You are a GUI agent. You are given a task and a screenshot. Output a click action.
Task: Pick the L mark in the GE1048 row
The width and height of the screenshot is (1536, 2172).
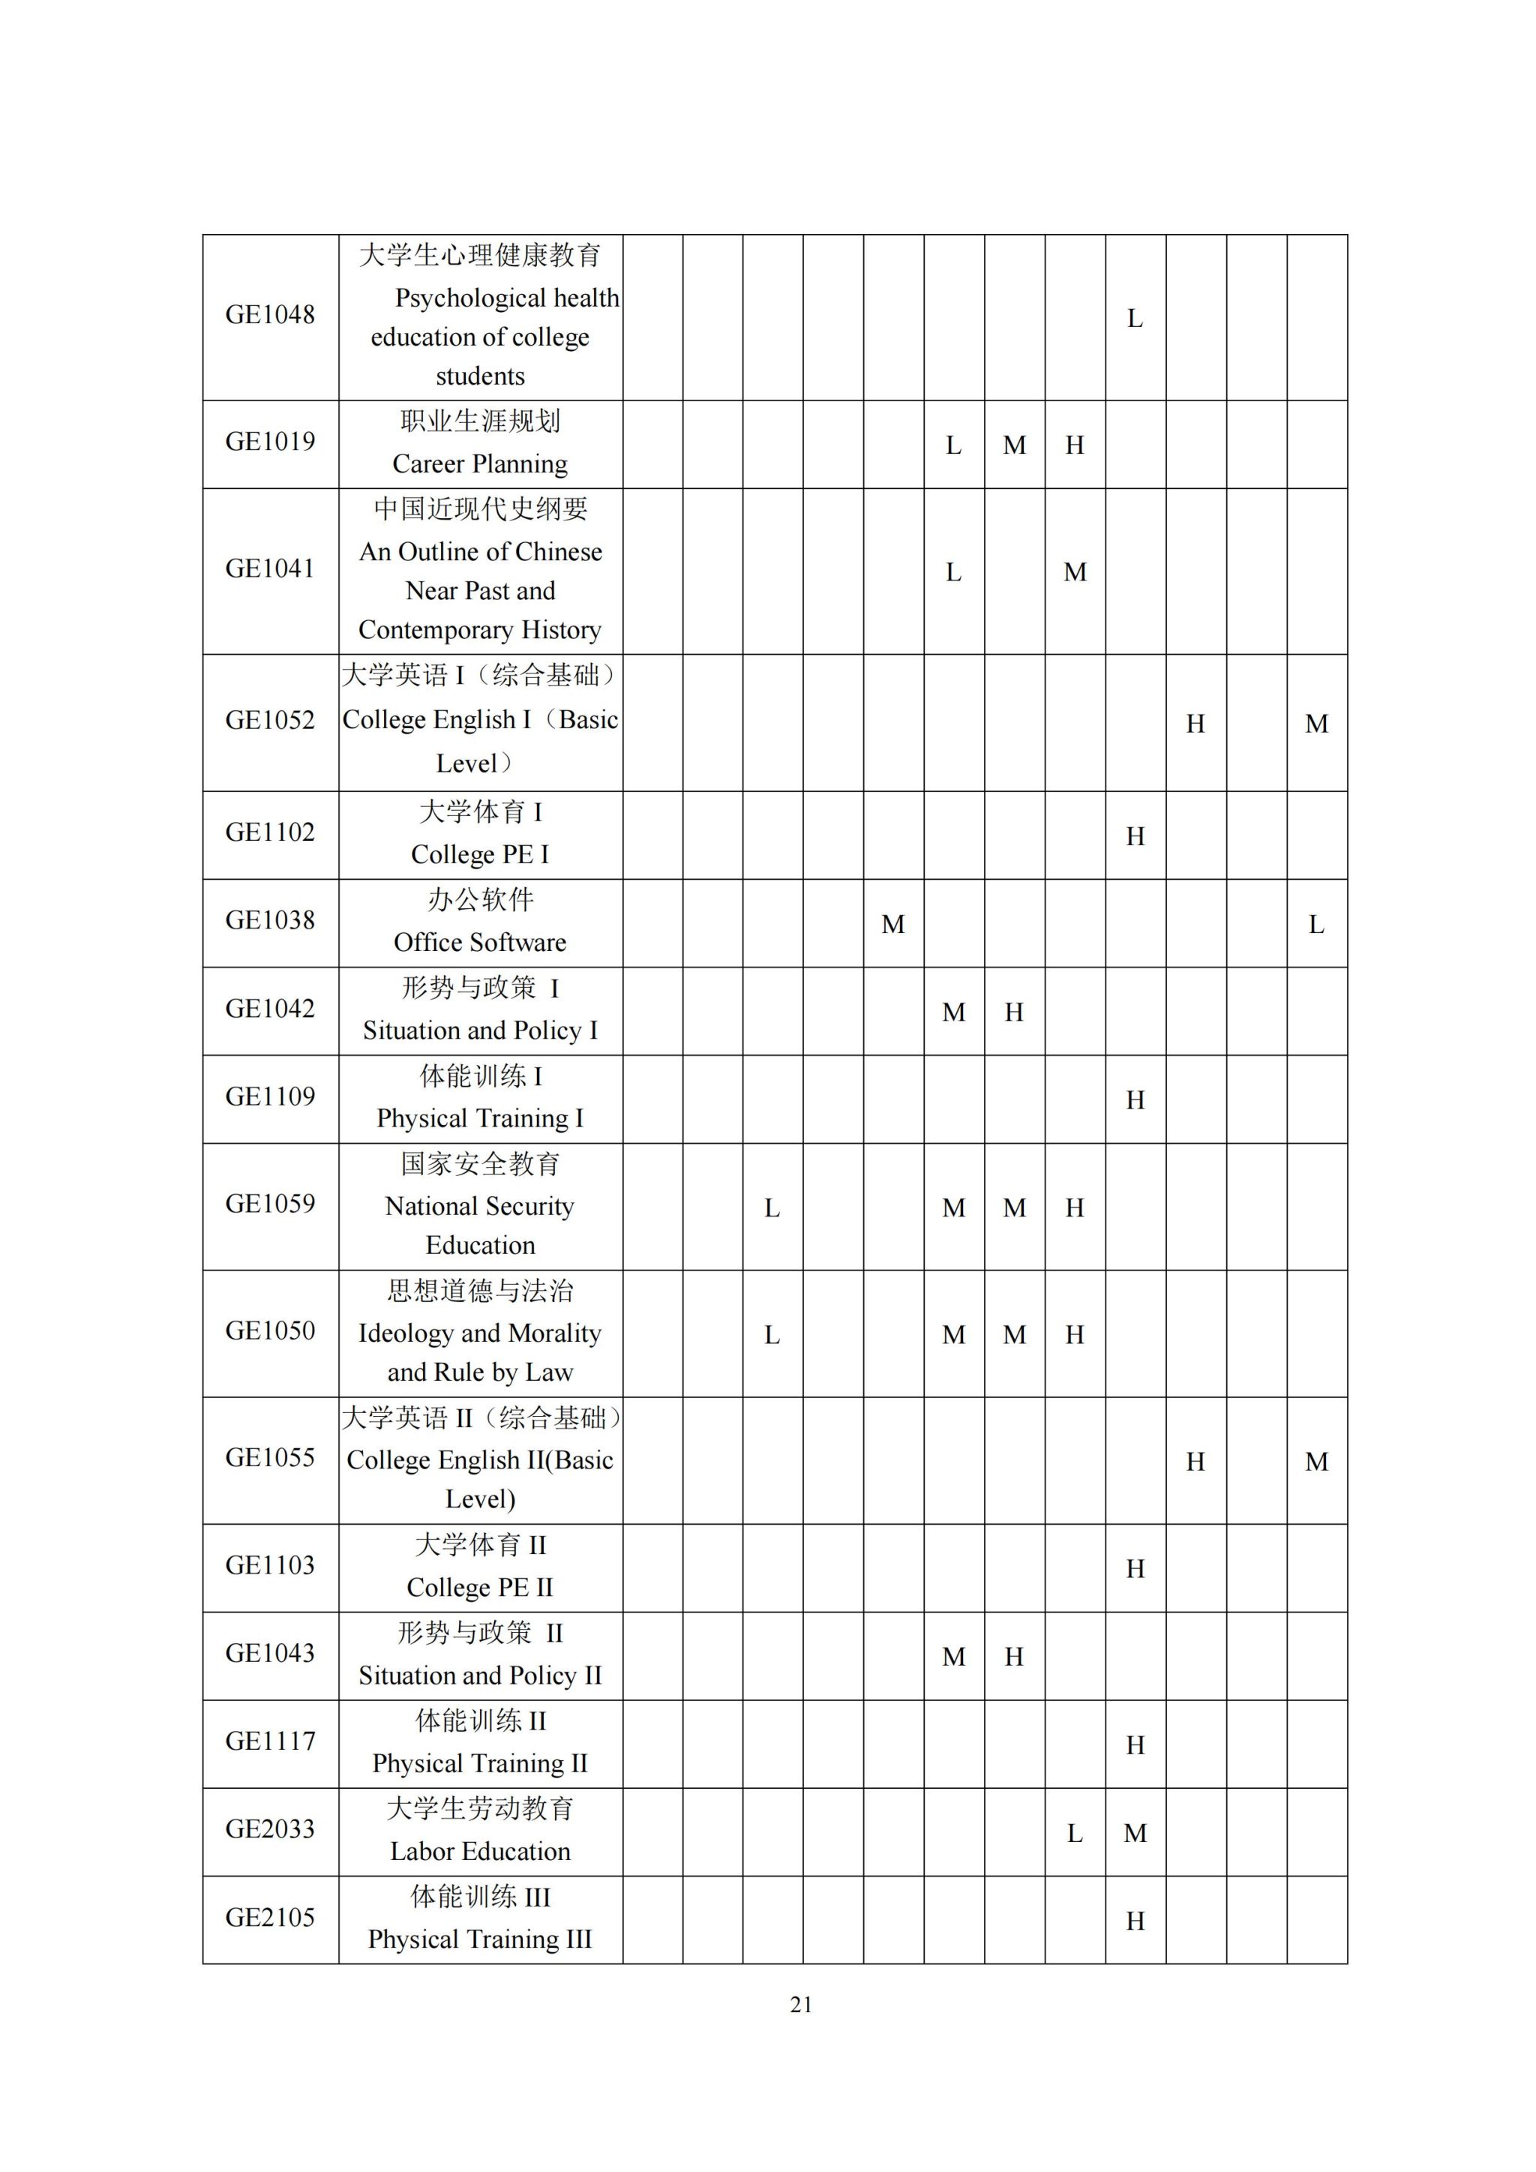tap(1135, 319)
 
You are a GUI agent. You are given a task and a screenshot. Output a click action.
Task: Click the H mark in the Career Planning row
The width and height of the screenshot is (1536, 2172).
tap(1075, 445)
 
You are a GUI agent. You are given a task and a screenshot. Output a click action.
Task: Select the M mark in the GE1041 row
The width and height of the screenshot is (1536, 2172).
tap(1075, 572)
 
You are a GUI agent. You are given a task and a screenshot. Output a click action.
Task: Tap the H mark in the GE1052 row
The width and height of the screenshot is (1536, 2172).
tap(1195, 724)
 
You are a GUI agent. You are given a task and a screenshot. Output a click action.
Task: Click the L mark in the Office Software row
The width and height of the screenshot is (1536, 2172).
tap(1315, 925)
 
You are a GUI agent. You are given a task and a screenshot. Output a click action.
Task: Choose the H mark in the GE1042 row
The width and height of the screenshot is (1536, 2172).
tap(1014, 1013)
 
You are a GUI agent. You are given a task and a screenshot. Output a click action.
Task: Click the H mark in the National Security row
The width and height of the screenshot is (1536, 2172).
tap(1075, 1208)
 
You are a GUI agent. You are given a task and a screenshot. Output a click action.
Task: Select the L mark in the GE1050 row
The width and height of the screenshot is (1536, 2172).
tap(772, 1335)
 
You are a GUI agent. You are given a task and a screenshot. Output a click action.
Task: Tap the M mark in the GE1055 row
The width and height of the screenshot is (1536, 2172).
tap(1316, 1462)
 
